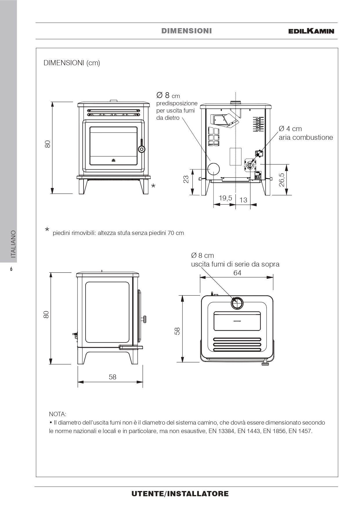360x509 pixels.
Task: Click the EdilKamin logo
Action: (311, 31)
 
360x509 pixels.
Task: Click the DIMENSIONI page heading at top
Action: (187, 31)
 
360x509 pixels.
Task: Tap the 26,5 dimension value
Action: (281, 180)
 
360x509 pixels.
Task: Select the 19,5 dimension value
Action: (225, 198)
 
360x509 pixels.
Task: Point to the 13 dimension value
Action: (243, 200)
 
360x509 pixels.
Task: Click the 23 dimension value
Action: (186, 179)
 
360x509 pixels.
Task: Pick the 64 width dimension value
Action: (237, 273)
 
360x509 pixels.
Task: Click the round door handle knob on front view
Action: (142, 149)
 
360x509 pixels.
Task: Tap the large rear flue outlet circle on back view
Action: (213, 169)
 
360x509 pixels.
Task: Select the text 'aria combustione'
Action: (306, 137)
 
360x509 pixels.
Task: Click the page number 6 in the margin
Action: (11, 269)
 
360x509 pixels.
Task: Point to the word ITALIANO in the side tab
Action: (13, 244)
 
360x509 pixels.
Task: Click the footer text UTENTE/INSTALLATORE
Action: (180, 494)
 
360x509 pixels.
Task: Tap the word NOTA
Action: (58, 414)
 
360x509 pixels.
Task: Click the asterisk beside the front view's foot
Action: (153, 186)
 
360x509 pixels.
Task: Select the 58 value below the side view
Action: (113, 377)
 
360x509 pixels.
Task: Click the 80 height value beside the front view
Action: (48, 144)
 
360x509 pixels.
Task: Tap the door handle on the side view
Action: (144, 319)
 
